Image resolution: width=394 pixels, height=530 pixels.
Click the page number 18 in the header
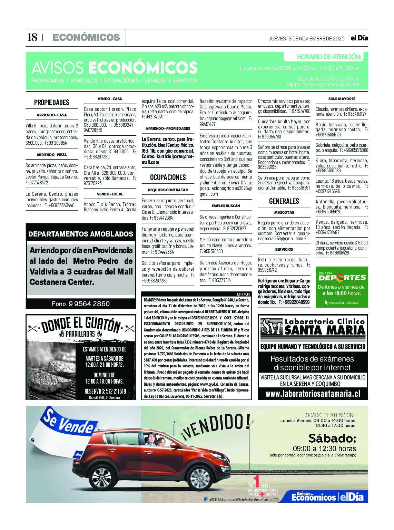click(32, 37)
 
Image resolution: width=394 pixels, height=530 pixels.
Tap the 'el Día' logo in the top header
click(359, 38)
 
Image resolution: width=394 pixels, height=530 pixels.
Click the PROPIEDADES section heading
click(52, 103)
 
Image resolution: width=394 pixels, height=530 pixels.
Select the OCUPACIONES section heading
click(168, 177)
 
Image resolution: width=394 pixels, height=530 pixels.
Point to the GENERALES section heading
click(284, 201)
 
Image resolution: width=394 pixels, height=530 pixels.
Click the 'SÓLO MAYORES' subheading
click(342, 99)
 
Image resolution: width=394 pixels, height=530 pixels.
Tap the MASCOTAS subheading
click(284, 212)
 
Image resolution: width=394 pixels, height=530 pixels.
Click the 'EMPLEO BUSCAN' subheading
click(226, 206)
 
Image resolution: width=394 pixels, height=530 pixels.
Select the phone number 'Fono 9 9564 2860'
click(81, 304)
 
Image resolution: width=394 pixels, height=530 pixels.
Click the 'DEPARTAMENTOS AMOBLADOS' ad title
click(81, 234)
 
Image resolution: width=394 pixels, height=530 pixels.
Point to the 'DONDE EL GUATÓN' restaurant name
click(81, 324)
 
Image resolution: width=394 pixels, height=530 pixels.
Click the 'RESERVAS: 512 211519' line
click(105, 391)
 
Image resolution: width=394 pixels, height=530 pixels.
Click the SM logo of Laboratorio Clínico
click(272, 327)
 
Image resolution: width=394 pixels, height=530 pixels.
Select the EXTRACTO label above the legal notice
click(243, 294)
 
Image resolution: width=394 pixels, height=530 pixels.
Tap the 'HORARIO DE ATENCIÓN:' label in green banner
click(329, 57)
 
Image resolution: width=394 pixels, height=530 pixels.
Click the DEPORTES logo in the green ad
click(342, 277)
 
